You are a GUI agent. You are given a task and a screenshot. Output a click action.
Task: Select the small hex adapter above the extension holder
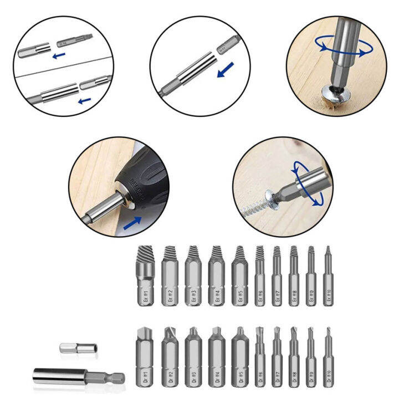[76, 349]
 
